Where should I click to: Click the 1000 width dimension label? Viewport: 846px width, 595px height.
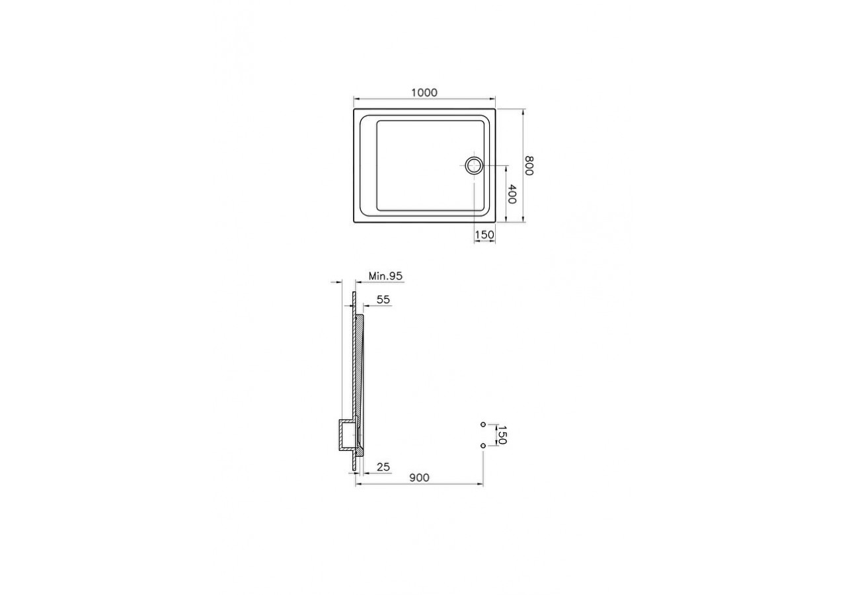coord(424,93)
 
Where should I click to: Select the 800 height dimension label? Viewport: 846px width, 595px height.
coord(529,165)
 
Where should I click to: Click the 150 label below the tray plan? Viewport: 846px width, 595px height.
coord(484,235)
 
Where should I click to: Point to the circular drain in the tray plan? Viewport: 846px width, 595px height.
coord(474,165)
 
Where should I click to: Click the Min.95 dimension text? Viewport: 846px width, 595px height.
coord(385,276)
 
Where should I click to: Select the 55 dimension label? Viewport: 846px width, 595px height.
coord(383,299)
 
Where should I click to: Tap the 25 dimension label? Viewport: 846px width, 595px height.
coord(383,467)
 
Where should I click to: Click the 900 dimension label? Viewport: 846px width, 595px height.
coord(419,478)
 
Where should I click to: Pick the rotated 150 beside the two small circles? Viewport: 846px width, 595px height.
coord(502,435)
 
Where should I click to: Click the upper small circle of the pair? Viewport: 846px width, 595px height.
coord(483,424)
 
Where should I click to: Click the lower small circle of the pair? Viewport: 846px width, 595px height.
coord(483,446)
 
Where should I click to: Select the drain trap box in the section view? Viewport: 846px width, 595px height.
coord(347,435)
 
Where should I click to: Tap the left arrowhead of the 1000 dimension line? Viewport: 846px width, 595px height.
coord(356,99)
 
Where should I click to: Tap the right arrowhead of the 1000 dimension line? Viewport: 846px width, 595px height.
coord(494,99)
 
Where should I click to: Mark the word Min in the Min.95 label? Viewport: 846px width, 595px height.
coord(377,276)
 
